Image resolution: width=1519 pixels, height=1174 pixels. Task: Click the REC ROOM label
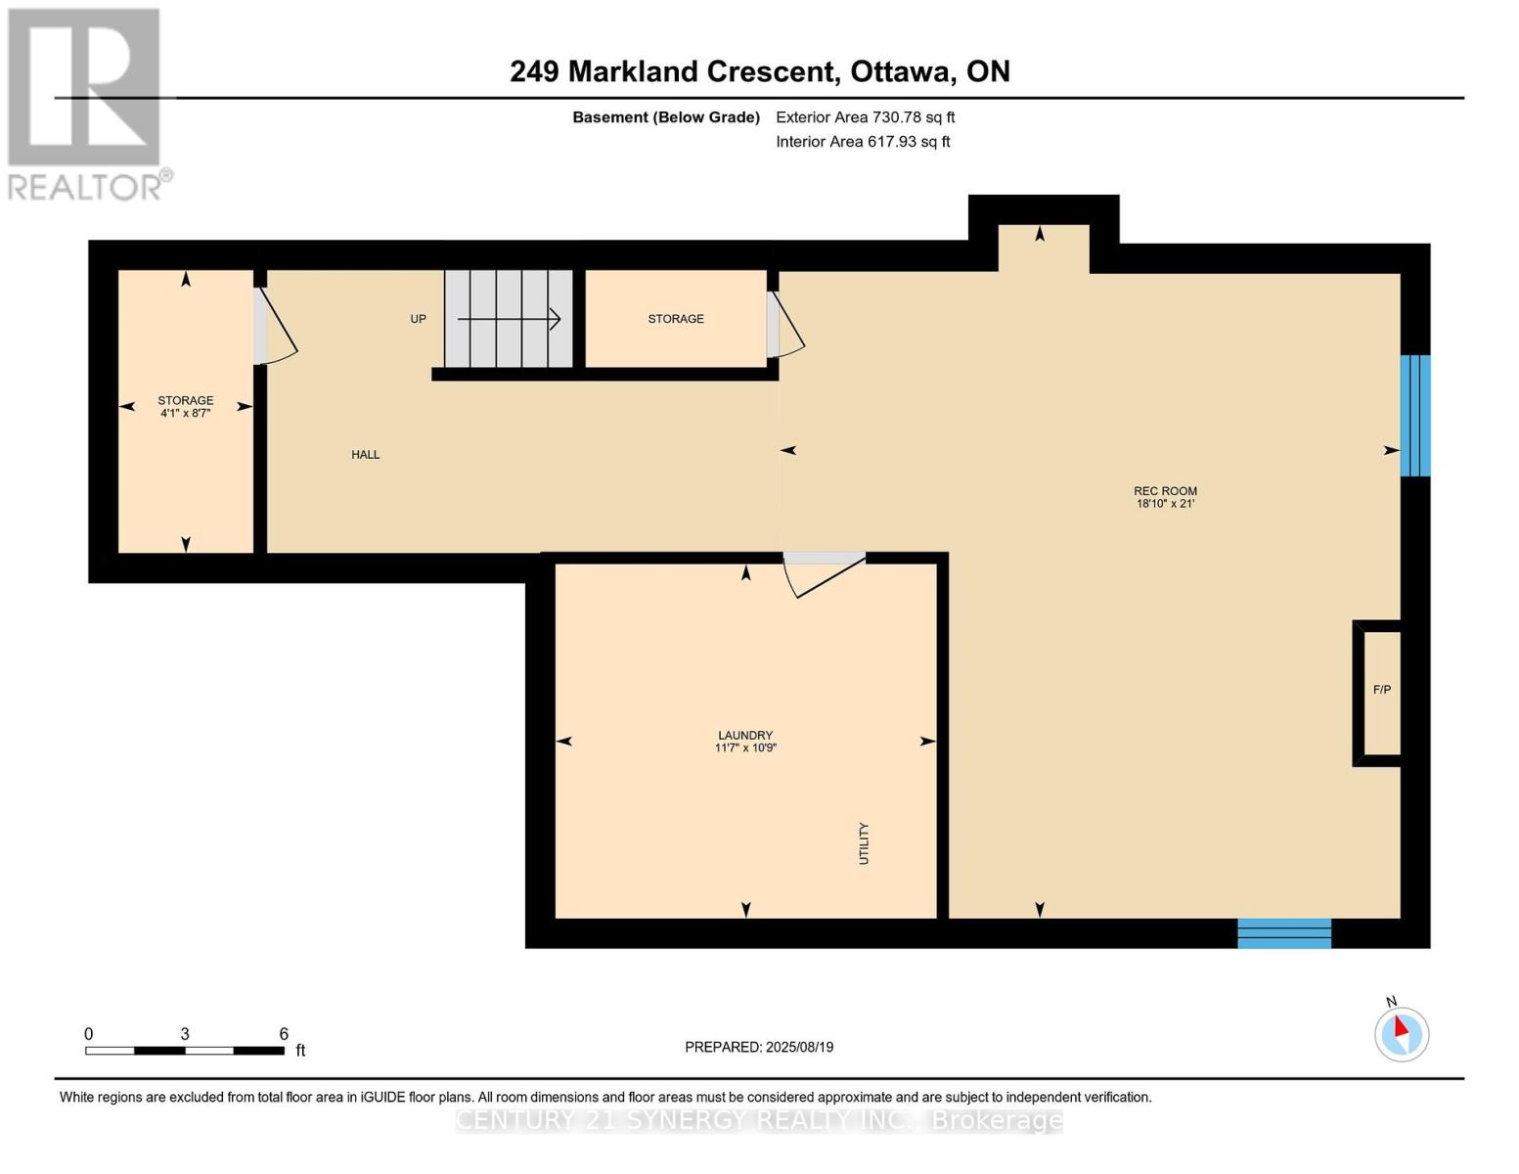(1165, 491)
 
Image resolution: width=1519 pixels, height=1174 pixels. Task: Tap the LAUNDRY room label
(745, 735)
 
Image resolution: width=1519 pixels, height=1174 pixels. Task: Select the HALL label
(366, 455)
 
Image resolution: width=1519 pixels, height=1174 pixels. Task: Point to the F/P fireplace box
(1378, 693)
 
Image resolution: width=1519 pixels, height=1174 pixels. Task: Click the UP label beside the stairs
(418, 319)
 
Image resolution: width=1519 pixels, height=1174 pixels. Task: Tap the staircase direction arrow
(509, 319)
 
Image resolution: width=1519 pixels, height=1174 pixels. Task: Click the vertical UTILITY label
(864, 843)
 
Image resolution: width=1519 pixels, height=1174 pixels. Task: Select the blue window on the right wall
(1415, 416)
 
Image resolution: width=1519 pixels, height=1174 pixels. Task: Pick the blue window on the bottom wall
(1284, 932)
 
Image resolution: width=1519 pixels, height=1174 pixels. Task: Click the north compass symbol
(1402, 1034)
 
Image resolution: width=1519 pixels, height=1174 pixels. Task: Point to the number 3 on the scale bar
(185, 1033)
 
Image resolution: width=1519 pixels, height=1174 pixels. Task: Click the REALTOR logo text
(85, 188)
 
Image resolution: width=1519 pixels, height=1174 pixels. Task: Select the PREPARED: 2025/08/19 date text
(759, 1047)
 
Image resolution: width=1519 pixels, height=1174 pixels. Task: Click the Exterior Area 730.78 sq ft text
(866, 117)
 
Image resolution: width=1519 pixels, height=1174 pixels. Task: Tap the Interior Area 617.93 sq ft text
(864, 142)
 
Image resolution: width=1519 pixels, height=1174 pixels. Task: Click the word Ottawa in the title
(903, 72)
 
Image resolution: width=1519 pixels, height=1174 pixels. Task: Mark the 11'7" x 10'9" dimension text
(745, 747)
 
